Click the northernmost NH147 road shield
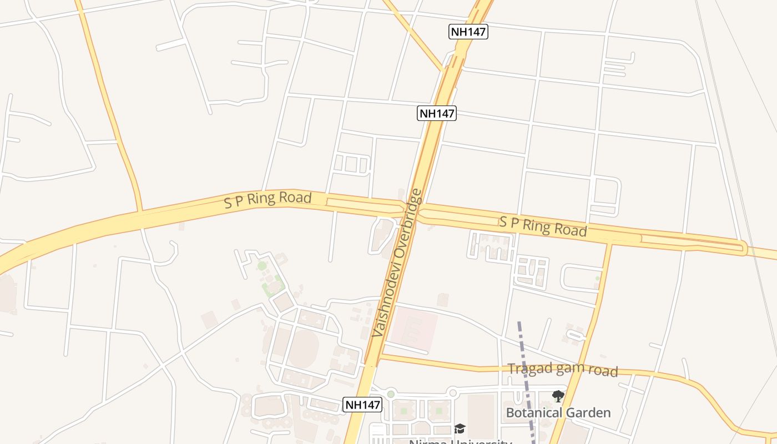tap(468, 32)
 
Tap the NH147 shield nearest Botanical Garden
tap(362, 405)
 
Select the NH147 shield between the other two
tap(437, 113)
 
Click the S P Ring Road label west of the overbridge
tap(268, 200)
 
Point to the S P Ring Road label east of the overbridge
tap(542, 226)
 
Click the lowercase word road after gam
tap(603, 371)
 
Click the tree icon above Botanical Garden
tap(558, 396)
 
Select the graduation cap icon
tap(460, 428)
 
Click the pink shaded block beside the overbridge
tap(414, 331)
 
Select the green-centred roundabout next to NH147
tap(391, 394)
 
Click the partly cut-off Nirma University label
tap(460, 442)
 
